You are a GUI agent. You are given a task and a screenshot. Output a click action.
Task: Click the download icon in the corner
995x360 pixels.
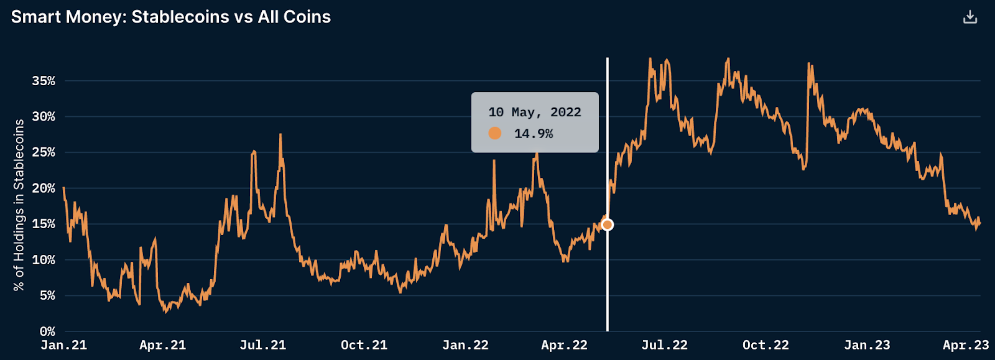coord(970,17)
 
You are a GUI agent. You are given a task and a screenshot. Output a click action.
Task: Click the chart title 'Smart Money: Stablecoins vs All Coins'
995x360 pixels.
coord(171,17)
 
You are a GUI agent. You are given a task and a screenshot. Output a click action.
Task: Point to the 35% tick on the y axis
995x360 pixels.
coord(44,81)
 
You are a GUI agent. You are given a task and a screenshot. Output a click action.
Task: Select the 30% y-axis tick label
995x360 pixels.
coord(44,116)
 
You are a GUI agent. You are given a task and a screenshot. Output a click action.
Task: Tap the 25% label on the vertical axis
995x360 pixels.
coord(44,152)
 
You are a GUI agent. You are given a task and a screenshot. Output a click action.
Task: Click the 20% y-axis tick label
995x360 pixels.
coord(44,188)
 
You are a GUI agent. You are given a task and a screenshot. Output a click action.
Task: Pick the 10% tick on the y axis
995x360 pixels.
coord(44,260)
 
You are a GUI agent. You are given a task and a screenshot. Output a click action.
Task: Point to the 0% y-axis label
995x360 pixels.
coord(47,331)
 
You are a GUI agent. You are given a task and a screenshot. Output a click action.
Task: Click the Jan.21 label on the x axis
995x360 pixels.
coord(63,345)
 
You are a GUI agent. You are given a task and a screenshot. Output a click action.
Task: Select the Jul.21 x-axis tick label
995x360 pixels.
coord(262,345)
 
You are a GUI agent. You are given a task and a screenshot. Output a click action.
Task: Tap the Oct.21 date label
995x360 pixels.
coord(364,345)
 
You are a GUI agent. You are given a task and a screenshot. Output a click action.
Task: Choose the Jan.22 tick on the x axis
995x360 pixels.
coord(465,345)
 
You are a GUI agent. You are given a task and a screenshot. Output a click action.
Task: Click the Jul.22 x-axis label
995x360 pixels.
coord(664,345)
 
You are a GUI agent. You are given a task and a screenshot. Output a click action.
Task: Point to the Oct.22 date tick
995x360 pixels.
coord(766,345)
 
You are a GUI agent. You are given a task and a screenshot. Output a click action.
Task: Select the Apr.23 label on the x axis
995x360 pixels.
coord(966,345)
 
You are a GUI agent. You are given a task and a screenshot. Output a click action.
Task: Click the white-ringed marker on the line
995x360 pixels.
coord(608,224)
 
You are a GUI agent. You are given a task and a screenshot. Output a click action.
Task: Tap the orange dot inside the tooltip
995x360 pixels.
coord(495,133)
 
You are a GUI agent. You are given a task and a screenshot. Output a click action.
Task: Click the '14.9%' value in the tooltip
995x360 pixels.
coord(533,134)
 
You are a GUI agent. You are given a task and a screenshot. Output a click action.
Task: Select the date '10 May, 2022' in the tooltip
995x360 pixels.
coord(535,113)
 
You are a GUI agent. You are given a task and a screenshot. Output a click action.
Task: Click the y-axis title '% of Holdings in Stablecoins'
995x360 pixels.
coord(19,205)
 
